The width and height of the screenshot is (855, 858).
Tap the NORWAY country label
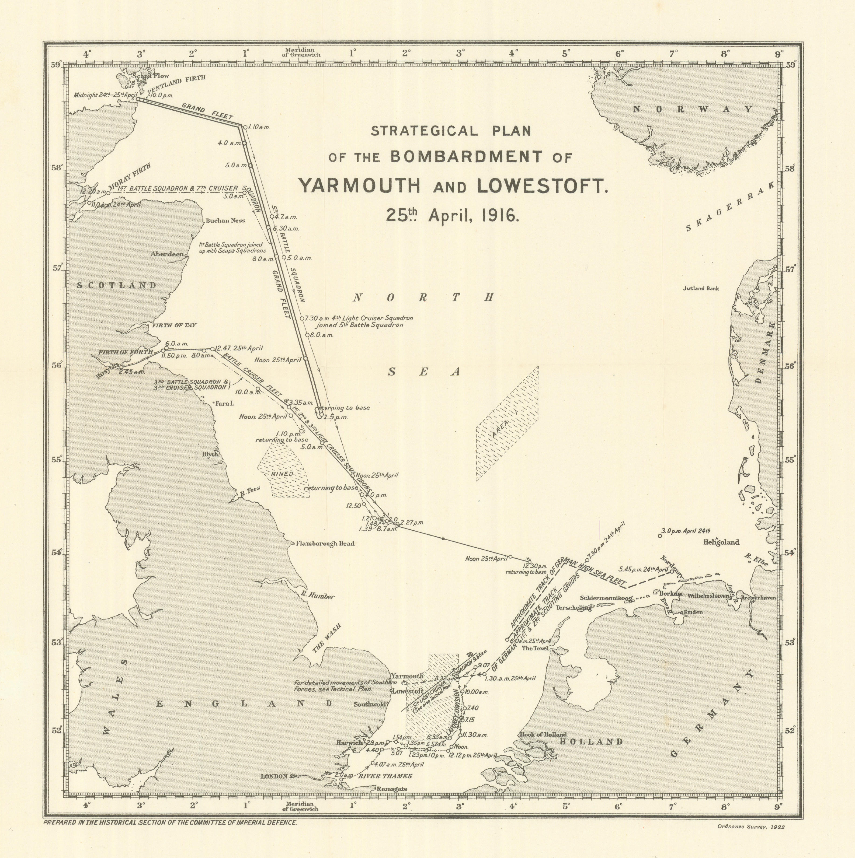pos(693,109)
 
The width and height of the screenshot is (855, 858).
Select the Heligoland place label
pos(721,542)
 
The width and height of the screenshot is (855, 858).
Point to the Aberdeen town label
pos(167,254)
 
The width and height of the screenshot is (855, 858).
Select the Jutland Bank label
pos(701,288)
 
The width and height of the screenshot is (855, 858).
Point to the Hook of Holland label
pos(543,734)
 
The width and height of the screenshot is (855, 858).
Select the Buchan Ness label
pos(225,220)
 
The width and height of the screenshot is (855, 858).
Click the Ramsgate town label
pos(391,789)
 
